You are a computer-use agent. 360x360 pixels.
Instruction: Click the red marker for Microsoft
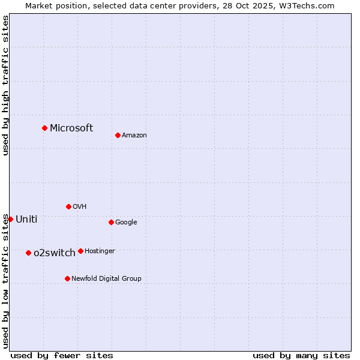click(x=44, y=128)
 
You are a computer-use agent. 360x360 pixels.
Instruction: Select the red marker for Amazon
click(x=118, y=135)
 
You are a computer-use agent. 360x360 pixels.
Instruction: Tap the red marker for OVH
click(x=68, y=206)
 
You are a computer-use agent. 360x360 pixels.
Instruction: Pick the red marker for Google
click(x=111, y=222)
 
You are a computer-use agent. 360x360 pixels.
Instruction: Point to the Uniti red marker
click(x=10, y=219)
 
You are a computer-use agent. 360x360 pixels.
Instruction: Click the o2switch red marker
click(x=28, y=253)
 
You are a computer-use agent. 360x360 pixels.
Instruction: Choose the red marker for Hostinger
click(x=80, y=251)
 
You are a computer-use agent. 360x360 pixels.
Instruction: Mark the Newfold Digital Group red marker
click(x=67, y=278)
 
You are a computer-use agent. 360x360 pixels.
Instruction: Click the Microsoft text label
click(x=71, y=128)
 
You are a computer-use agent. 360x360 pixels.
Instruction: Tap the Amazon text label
click(x=134, y=135)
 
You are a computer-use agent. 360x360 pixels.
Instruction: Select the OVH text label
click(x=80, y=206)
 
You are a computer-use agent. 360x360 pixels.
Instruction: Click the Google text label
click(x=126, y=222)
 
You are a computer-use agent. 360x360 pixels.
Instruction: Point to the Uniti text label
click(x=26, y=219)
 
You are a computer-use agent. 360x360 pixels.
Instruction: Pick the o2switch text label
click(x=55, y=253)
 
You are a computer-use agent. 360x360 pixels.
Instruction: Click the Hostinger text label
click(x=100, y=251)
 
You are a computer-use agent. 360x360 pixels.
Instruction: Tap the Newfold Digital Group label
click(x=106, y=278)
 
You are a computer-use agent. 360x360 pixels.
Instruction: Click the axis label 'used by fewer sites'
click(x=62, y=355)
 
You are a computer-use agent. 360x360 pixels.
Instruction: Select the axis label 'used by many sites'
click(x=301, y=355)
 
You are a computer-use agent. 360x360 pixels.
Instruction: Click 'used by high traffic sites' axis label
click(x=5, y=85)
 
